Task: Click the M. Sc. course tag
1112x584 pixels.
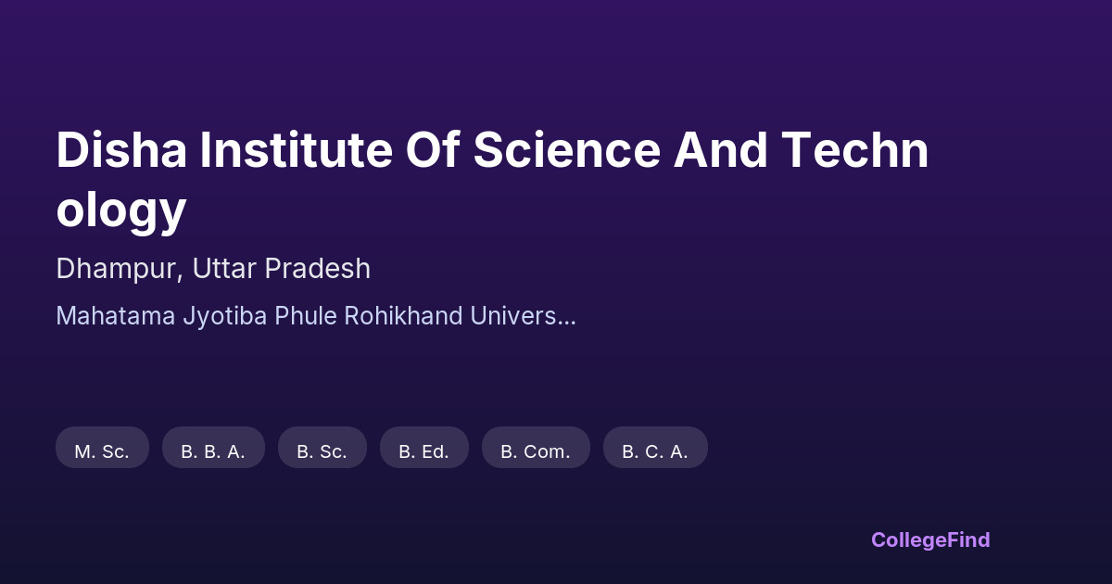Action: pos(102,447)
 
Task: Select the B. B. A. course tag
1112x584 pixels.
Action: pos(213,447)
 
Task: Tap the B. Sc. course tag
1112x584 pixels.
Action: pos(322,447)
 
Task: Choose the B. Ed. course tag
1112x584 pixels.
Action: pos(424,447)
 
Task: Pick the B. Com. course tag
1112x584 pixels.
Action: pos(536,447)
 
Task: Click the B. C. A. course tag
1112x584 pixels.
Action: pos(655,447)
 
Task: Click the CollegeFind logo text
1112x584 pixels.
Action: pos(930,540)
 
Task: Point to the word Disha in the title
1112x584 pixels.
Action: pos(121,150)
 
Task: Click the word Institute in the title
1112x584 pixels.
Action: pos(297,150)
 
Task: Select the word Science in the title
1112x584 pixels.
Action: pos(567,150)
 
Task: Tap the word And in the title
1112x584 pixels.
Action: pos(720,150)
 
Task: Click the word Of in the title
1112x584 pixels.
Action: pos(433,150)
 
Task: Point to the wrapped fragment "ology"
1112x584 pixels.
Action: pos(121,210)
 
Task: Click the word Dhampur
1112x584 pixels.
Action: pos(120,269)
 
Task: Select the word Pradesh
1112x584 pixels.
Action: pos(318,268)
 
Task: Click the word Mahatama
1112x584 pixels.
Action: pos(116,316)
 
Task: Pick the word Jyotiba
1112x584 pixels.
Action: pos(225,317)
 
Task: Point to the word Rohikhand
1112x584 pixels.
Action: pos(404,316)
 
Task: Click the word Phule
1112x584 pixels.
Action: pos(306,316)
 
